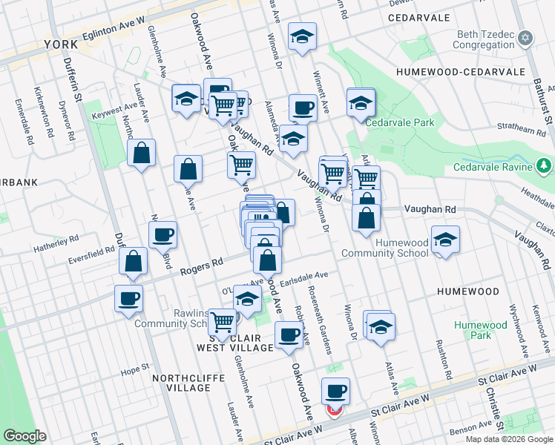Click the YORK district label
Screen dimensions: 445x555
(x=61, y=44)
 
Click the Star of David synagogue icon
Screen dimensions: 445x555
(x=525, y=38)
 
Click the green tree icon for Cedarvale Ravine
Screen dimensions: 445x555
(x=545, y=165)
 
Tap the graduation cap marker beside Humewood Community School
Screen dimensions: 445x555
(x=445, y=241)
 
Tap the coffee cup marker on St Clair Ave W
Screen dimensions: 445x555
(x=335, y=390)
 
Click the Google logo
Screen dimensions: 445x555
(x=25, y=436)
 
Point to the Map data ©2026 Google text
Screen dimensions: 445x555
(x=509, y=439)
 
